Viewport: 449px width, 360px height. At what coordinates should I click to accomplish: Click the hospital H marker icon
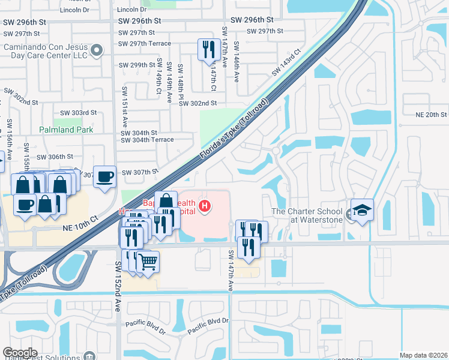coord(205,207)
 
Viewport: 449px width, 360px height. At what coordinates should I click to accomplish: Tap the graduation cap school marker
coord(363,211)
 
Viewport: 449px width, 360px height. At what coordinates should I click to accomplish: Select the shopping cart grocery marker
coord(148,262)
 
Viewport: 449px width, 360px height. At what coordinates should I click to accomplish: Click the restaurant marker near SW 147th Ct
coord(208,50)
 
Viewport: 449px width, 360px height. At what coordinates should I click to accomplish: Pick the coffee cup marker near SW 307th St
coord(105,176)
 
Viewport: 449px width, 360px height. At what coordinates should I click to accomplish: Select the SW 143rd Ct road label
coord(285,63)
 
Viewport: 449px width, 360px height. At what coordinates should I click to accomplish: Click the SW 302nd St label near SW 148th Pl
coord(197,104)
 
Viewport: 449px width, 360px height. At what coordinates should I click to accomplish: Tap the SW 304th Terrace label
coord(147,140)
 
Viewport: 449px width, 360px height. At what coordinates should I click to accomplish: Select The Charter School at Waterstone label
coord(307,215)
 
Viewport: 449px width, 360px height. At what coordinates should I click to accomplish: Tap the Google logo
coord(20,352)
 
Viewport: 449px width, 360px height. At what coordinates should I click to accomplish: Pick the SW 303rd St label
coord(79,113)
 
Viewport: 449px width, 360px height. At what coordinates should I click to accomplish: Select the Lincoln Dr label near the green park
coord(131,10)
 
